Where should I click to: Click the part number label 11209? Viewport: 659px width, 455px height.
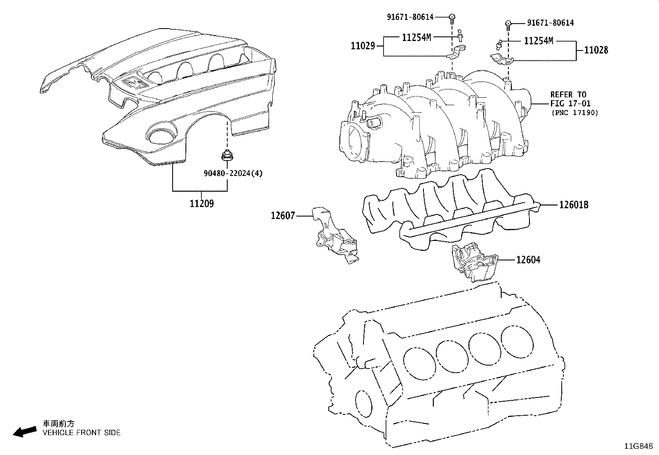tap(202, 204)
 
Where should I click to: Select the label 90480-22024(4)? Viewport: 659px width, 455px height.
tap(233, 173)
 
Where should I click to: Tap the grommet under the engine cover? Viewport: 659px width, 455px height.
tap(227, 155)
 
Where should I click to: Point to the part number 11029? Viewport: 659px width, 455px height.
tap(363, 46)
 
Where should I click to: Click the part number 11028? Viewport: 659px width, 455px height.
tap(596, 50)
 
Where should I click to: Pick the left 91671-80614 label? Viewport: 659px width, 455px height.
tap(410, 17)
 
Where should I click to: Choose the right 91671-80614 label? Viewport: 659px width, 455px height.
tap(551, 23)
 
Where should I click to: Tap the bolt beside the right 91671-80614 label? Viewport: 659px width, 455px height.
tap(508, 25)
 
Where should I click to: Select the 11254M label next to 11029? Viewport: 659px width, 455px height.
tap(416, 37)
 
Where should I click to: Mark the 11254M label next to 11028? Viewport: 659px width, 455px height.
tap(539, 41)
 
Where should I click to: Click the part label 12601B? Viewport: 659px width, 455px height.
tap(574, 205)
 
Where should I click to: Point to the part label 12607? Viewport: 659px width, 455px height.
tap(283, 216)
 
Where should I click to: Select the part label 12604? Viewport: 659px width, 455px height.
tap(528, 260)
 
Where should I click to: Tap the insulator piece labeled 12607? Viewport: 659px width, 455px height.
tap(334, 235)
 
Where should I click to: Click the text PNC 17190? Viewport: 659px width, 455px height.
tap(575, 113)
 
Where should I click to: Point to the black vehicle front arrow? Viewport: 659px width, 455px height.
tap(25, 431)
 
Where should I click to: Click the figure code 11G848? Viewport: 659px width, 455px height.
tap(638, 446)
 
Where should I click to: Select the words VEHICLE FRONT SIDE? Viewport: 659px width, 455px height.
tap(82, 433)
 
